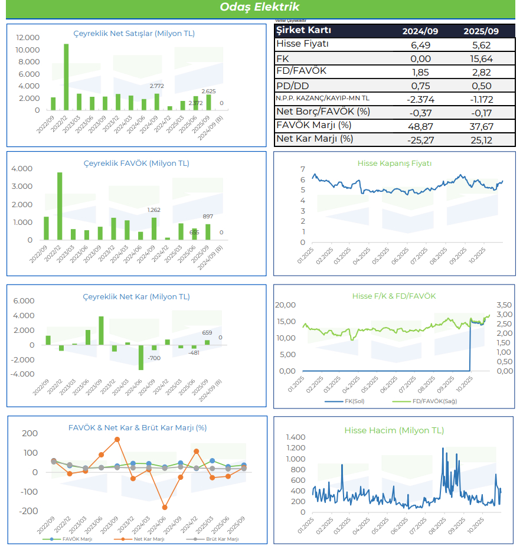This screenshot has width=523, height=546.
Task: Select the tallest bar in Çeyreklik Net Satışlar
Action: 66,77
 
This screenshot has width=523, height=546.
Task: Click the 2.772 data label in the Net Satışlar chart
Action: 156,87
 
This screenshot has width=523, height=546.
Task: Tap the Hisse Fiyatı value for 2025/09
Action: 477,45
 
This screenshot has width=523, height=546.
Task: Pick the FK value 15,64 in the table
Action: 477,58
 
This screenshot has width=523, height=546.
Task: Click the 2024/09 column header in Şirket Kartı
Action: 420,31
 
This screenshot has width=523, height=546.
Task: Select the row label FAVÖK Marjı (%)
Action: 313,125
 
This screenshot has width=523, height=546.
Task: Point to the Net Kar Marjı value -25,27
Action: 420,140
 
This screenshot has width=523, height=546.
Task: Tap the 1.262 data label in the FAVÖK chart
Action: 154,210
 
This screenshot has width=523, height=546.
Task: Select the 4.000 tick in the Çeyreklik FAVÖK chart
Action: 22,169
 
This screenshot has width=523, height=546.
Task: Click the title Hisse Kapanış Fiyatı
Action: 394,164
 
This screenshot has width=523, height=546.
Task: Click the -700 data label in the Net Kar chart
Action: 154,358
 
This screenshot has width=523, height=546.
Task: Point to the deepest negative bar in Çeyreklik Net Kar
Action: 141,357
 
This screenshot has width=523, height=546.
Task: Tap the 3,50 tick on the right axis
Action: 505,305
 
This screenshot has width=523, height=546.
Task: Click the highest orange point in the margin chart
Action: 117,439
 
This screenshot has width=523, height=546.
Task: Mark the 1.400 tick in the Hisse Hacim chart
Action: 296,437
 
